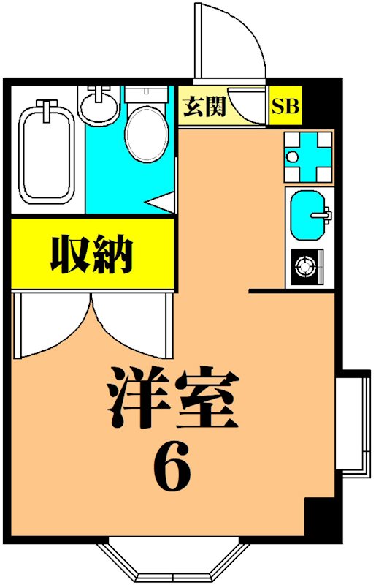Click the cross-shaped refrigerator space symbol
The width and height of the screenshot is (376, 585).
point(308,156)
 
